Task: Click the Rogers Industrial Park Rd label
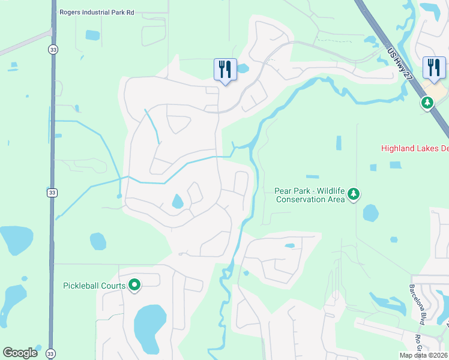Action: (97, 12)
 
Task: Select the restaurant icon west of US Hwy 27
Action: (225, 69)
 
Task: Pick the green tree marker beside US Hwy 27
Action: (427, 103)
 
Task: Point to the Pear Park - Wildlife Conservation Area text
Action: (309, 195)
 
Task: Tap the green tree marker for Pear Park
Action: (354, 194)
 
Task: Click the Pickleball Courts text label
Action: (94, 285)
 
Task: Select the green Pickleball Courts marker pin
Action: (135, 286)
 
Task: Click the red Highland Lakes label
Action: (415, 148)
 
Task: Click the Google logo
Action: (20, 352)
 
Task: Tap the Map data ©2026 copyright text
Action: (423, 355)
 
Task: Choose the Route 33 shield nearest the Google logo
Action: (50, 354)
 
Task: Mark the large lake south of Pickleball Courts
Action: (149, 327)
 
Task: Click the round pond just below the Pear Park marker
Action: (370, 213)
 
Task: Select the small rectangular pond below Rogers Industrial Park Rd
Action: (92, 35)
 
